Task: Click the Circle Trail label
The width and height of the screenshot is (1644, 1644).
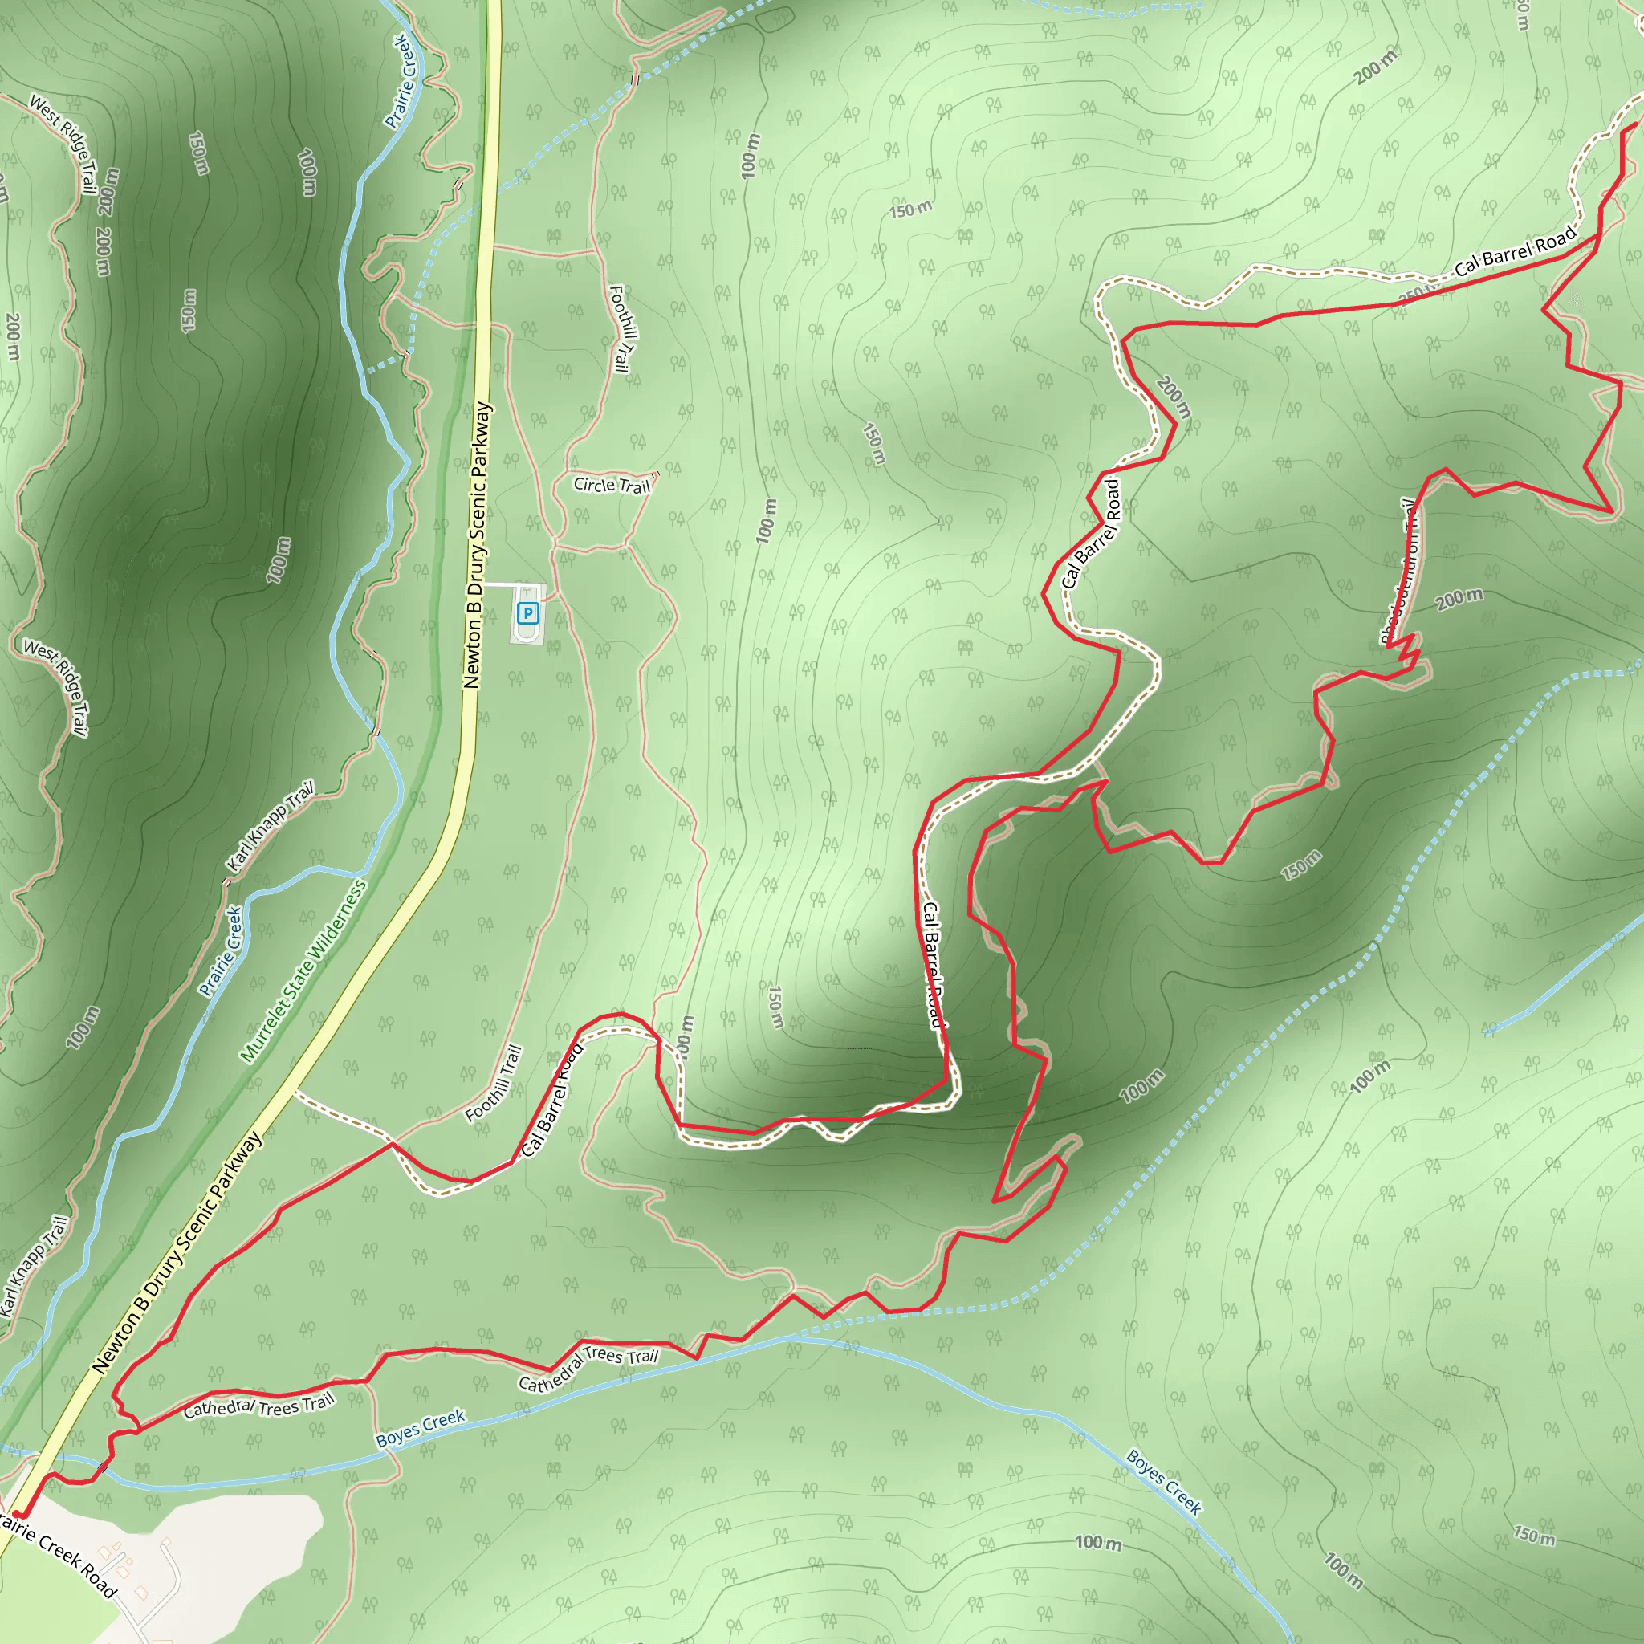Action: (611, 485)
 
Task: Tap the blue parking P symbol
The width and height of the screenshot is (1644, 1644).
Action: (527, 612)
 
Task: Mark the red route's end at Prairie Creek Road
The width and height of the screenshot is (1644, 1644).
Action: (17, 1516)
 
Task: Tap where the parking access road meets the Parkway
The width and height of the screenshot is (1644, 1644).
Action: (483, 584)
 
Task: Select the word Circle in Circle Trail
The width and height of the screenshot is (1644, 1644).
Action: (594, 483)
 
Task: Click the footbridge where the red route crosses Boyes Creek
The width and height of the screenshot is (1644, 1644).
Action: (103, 1468)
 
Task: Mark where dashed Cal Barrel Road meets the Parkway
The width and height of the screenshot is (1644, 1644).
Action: (295, 1092)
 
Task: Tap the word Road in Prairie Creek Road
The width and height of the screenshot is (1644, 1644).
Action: (98, 1584)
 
